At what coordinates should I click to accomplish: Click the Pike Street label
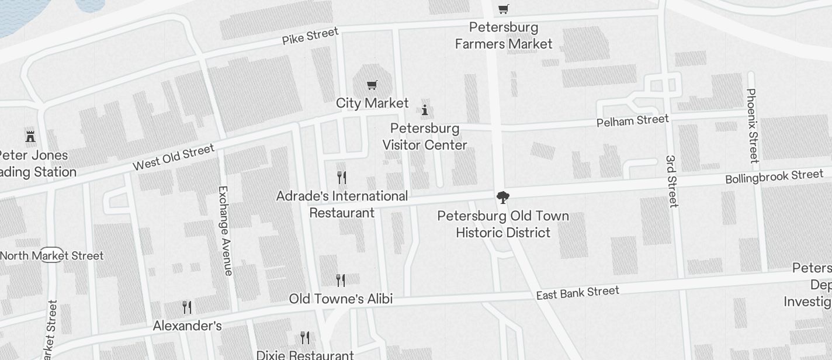pyautogui.click(x=310, y=36)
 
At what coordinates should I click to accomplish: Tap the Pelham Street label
pyautogui.click(x=632, y=121)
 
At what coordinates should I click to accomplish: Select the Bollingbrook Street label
pyautogui.click(x=774, y=176)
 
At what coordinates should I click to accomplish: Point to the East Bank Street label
pyautogui.click(x=577, y=293)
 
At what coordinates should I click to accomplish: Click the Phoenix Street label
pyautogui.click(x=753, y=125)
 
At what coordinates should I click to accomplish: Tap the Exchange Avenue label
pyautogui.click(x=225, y=230)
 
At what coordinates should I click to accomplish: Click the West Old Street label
pyautogui.click(x=174, y=158)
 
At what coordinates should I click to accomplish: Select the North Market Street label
pyautogui.click(x=51, y=255)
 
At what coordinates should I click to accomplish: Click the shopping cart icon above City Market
pyautogui.click(x=372, y=85)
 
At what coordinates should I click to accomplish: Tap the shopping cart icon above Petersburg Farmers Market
pyautogui.click(x=503, y=9)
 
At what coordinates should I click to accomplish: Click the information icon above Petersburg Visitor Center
pyautogui.click(x=425, y=110)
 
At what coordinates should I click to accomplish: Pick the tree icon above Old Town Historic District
pyautogui.click(x=502, y=198)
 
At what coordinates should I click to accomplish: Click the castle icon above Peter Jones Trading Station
pyautogui.click(x=30, y=137)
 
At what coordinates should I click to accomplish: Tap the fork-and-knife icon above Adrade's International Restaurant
pyautogui.click(x=342, y=177)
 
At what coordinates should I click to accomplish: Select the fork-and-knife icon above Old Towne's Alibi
pyautogui.click(x=341, y=281)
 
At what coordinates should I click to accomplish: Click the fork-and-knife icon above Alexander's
pyautogui.click(x=187, y=307)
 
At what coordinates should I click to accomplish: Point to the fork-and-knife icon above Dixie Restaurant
pyautogui.click(x=305, y=337)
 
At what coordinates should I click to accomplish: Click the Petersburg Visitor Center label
pyautogui.click(x=425, y=137)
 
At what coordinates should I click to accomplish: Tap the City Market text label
pyautogui.click(x=372, y=103)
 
